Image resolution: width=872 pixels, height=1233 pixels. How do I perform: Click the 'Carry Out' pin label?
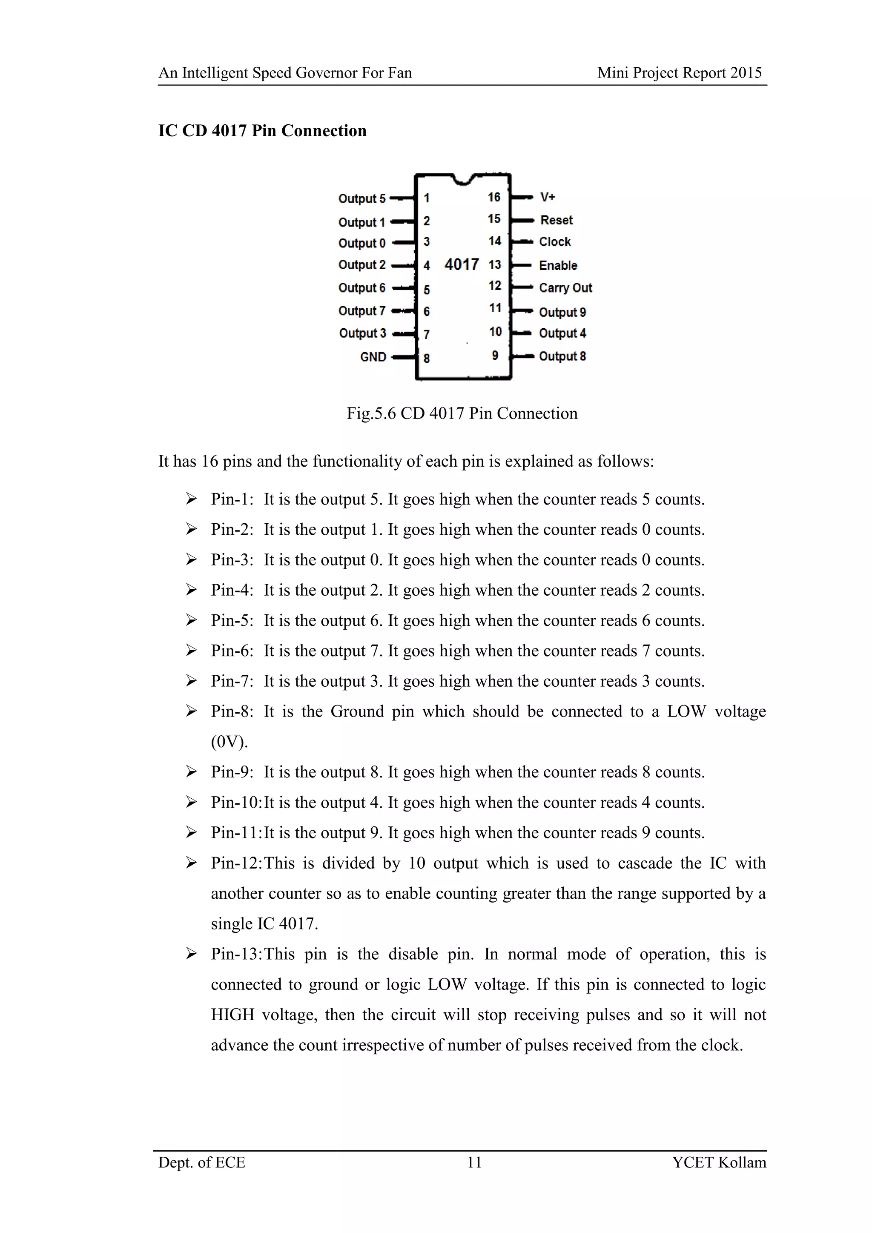pyautogui.click(x=565, y=288)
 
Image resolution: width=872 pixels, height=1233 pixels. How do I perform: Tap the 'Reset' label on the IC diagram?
pyautogui.click(x=556, y=220)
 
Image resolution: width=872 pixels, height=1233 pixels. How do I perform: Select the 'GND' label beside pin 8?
pyautogui.click(x=373, y=357)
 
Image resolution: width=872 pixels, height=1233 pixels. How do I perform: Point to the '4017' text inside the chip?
pyautogui.click(x=461, y=264)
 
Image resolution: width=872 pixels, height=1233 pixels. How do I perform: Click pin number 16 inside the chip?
pyautogui.click(x=494, y=197)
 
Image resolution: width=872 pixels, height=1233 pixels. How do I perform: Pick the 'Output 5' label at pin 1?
pyautogui.click(x=361, y=199)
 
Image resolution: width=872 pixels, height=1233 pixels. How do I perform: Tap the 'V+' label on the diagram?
pyautogui.click(x=547, y=197)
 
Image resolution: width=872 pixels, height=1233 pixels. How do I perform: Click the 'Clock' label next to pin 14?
pyautogui.click(x=555, y=242)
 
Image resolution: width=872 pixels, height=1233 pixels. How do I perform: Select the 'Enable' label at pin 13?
pyautogui.click(x=558, y=265)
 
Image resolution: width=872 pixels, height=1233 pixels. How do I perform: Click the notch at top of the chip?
pyautogui.click(x=462, y=179)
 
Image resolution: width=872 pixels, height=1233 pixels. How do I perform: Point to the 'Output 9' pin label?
pyautogui.click(x=562, y=312)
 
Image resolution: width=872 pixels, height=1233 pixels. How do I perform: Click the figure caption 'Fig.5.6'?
pyautogui.click(x=371, y=413)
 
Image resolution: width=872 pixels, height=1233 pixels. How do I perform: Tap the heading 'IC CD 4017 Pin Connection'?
pyautogui.click(x=262, y=131)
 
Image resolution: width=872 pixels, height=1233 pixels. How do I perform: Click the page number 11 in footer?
pyautogui.click(x=474, y=1162)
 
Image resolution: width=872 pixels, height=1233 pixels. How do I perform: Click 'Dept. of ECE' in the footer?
pyautogui.click(x=201, y=1162)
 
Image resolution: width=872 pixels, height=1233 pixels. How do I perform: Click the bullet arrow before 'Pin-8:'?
pyautogui.click(x=191, y=711)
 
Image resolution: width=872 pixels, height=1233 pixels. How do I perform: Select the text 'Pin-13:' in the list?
pyautogui.click(x=236, y=954)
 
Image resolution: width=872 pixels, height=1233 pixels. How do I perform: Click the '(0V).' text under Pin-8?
pyautogui.click(x=229, y=742)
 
